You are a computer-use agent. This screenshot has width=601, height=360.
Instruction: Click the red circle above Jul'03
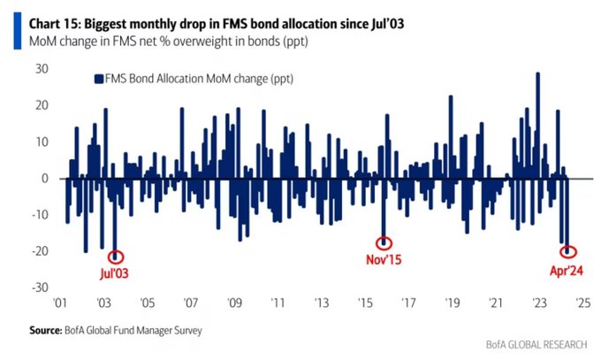tap(115, 256)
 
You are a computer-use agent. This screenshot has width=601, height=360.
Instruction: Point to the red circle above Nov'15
tap(384, 243)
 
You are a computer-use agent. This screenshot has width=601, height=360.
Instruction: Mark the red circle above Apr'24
tap(567, 252)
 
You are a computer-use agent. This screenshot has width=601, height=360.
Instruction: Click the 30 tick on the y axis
tap(42, 69)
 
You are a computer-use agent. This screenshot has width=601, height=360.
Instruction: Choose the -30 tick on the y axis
tap(40, 288)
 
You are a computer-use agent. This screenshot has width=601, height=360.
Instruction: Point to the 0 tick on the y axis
tap(44, 179)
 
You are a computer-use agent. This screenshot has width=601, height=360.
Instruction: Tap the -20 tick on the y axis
tap(40, 252)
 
